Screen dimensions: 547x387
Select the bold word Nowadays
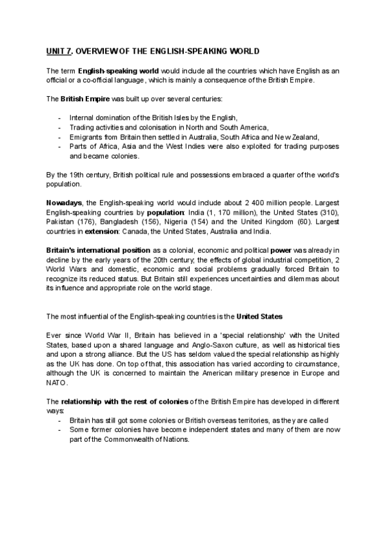point(64,203)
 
